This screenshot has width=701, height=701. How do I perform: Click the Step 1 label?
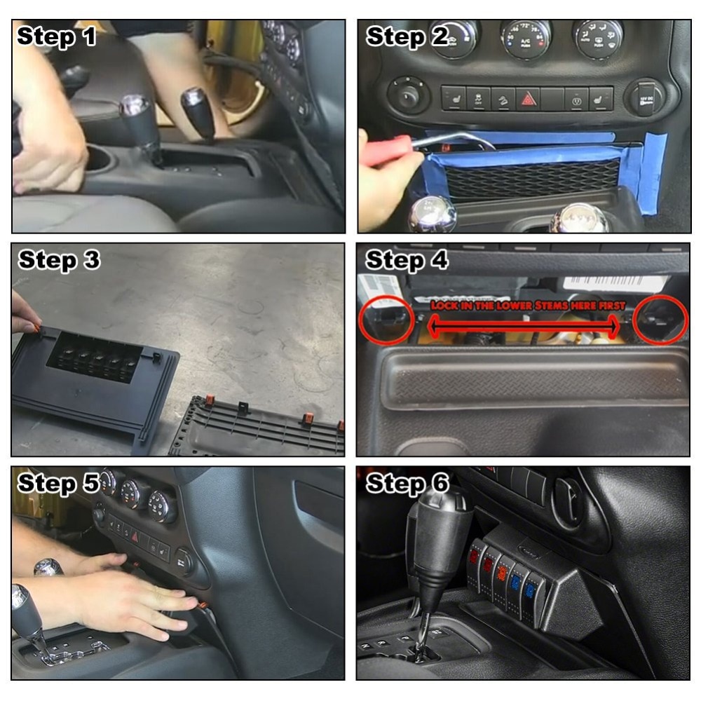[57, 36]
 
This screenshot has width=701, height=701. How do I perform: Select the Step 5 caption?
[57, 484]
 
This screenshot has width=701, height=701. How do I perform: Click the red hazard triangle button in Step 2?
[528, 99]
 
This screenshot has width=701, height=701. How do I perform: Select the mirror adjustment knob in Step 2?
[409, 95]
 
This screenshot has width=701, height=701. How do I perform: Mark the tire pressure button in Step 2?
[576, 99]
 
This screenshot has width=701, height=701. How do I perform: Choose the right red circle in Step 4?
[660, 320]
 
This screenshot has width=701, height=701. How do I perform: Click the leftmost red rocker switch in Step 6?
[475, 558]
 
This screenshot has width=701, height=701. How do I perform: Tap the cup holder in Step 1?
[98, 159]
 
